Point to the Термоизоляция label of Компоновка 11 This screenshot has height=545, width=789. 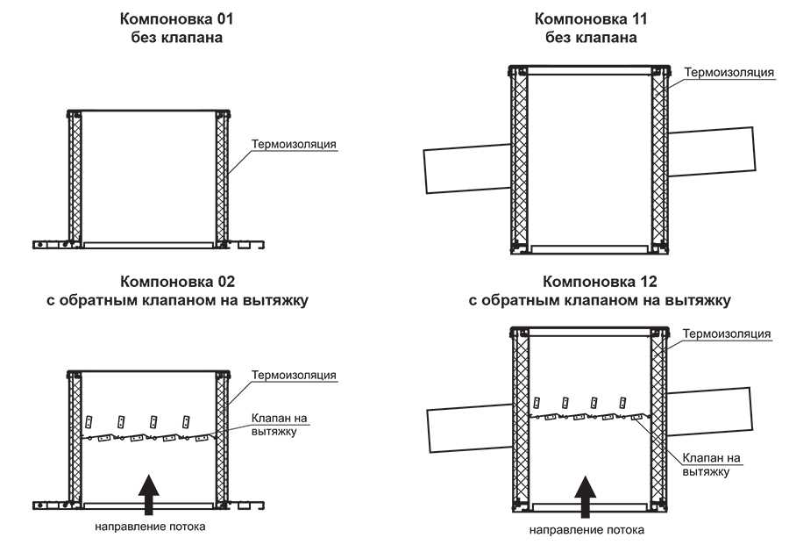click(x=729, y=72)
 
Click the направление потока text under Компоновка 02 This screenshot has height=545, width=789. click(x=151, y=527)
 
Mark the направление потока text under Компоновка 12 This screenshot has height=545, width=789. click(x=587, y=530)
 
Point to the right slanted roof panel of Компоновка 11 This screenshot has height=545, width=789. click(x=711, y=152)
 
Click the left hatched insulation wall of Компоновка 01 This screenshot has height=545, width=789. click(x=76, y=180)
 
